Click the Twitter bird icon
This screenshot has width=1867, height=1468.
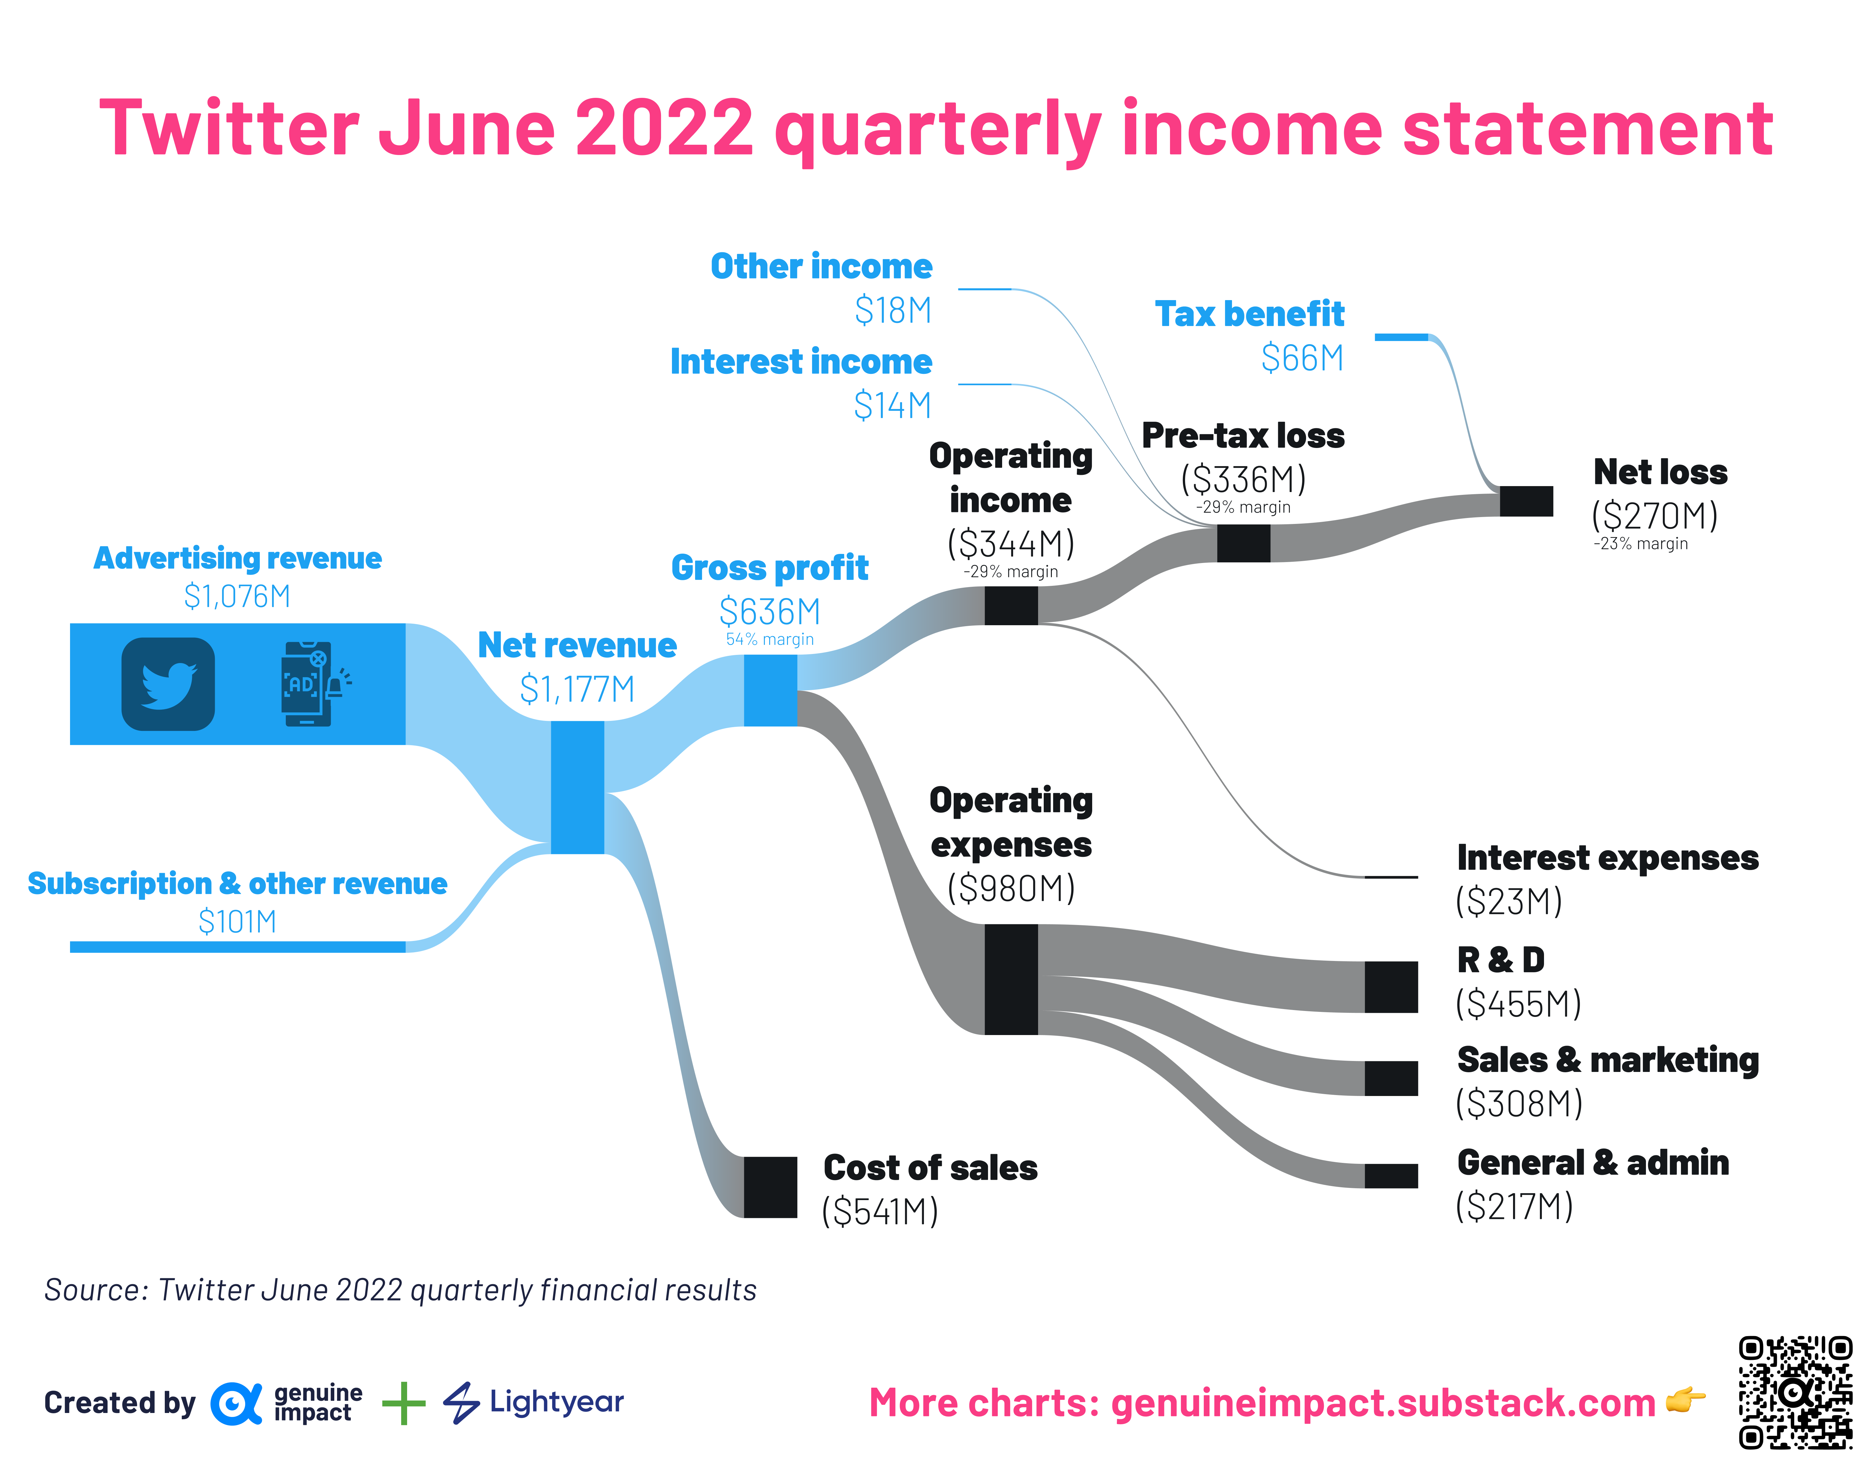pos(169,684)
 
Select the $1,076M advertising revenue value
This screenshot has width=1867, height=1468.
pos(237,596)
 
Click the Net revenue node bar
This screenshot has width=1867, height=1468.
pos(578,787)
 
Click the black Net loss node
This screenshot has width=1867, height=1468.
pos(1526,501)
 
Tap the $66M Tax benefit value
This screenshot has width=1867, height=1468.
pos(1302,358)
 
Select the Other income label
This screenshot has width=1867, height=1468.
pos(821,266)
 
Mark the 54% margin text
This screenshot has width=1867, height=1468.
pos(769,640)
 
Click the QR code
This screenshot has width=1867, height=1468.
pos(1795,1392)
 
